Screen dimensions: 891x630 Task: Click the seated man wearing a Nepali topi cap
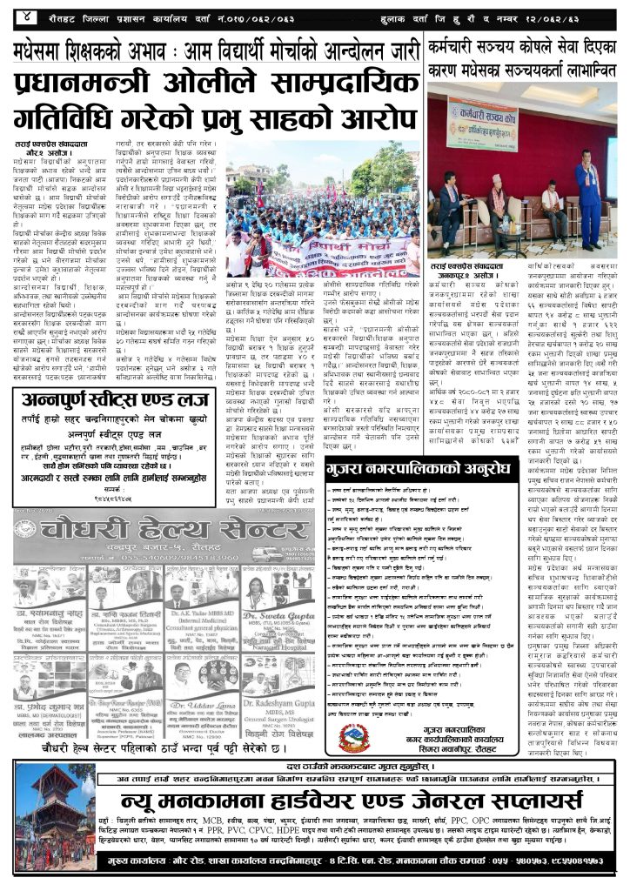click(x=551, y=205)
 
